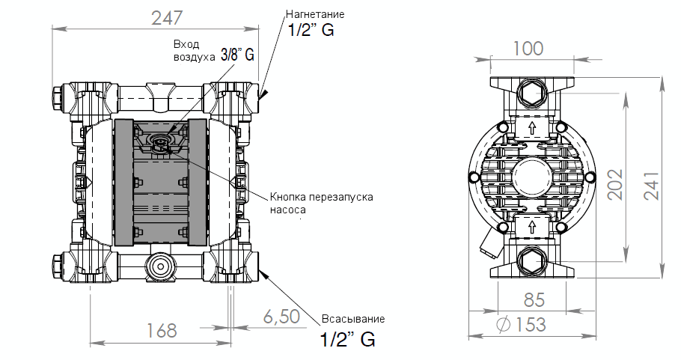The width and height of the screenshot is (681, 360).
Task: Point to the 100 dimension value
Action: coord(528,49)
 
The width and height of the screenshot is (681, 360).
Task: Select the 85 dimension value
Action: coord(534,301)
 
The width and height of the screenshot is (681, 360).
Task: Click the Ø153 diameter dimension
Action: coord(522,325)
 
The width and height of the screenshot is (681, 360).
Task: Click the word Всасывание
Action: coord(353,319)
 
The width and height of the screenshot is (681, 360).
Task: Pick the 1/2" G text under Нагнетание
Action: coord(311,31)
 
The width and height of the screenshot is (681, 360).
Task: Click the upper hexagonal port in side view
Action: coord(533,94)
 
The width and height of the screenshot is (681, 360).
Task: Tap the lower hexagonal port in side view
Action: coord(533,261)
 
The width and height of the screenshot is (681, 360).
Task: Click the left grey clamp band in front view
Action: coord(122,181)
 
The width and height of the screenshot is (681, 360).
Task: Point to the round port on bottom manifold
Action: coord(159,265)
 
